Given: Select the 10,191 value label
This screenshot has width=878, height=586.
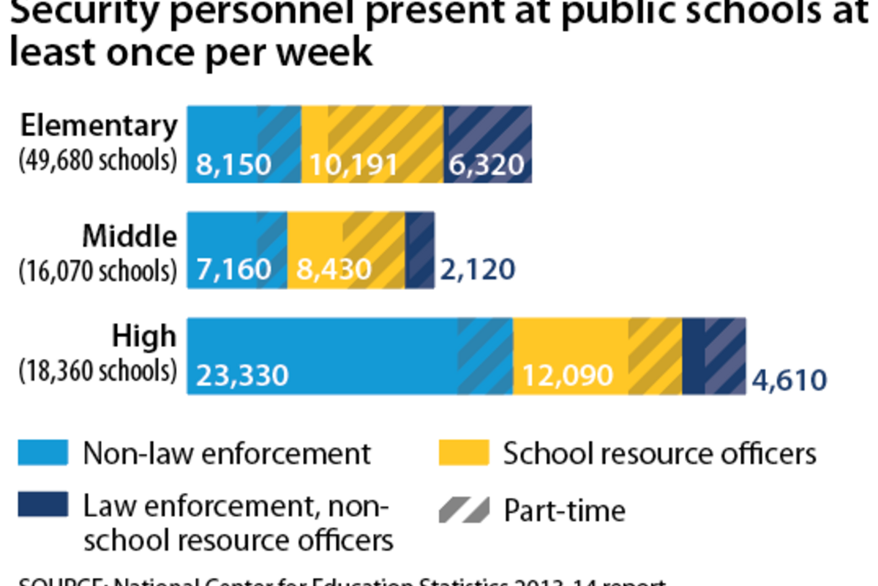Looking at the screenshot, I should coord(353,164).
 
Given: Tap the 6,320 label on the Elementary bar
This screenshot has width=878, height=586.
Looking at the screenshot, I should coord(487,164).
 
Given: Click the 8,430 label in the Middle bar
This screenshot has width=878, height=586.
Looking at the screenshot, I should coord(334,270).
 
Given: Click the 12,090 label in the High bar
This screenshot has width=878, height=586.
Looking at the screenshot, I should coord(567,376).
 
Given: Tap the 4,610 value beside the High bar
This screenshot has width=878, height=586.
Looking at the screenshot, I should coord(789,380).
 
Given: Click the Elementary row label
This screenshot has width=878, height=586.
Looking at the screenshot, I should coord(99,126).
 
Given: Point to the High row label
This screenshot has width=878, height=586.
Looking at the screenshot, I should coord(144,336).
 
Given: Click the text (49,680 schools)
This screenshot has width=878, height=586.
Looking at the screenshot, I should coord(98,160).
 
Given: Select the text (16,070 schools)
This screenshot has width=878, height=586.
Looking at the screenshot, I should coord(98,270).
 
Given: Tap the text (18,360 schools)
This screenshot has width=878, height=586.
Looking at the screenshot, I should coord(98,371).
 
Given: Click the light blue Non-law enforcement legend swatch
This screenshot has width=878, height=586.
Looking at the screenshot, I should coord(43,453).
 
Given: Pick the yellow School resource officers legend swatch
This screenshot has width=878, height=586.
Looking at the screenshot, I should coord(463,453).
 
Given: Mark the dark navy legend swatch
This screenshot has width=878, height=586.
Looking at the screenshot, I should coord(43,504).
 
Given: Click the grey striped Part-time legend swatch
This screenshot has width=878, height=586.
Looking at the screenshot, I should coord(463,510).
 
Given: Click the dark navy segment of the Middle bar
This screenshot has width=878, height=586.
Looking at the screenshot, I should coord(419,250).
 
